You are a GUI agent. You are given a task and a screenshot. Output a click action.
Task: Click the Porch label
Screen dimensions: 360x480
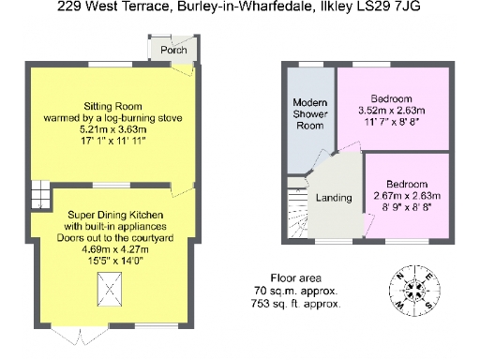(x=173, y=50)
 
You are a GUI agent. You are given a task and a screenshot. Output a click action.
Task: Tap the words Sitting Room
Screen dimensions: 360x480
(x=111, y=106)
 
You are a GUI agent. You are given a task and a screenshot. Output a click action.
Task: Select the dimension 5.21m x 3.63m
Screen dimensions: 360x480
(x=111, y=130)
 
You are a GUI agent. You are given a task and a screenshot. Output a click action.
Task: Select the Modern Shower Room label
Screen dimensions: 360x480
(x=309, y=113)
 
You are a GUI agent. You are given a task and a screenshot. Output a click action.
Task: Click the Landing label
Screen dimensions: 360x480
(x=334, y=198)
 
